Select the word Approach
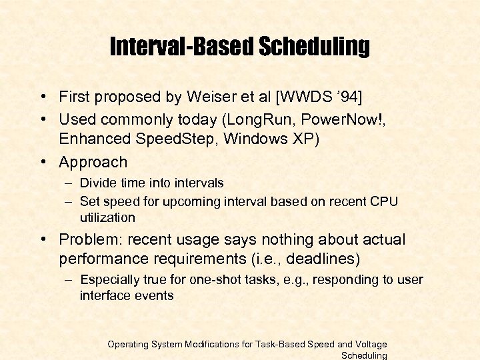93,162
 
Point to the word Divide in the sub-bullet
97,183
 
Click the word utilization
107,217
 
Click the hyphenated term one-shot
226,279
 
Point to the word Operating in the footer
131,344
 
